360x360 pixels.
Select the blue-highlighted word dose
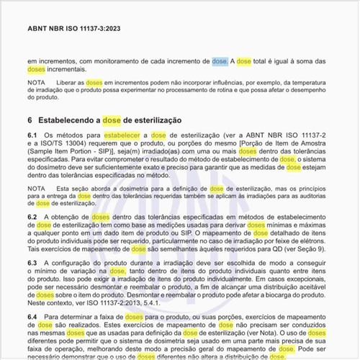(220, 63)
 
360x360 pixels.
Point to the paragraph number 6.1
(32, 135)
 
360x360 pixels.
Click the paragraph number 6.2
(32, 217)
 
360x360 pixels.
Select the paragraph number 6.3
(32, 264)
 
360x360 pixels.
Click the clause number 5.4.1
(161, 302)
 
